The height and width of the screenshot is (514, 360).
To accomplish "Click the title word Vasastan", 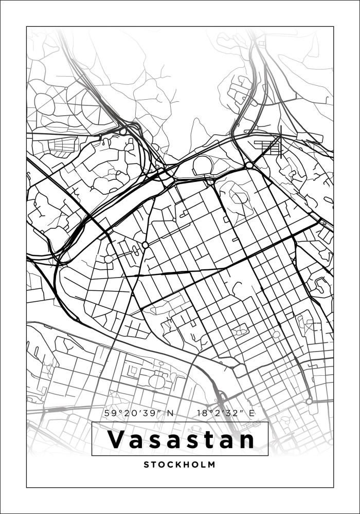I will [x=180, y=439].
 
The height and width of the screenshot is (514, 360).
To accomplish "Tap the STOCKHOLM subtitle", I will [x=180, y=465].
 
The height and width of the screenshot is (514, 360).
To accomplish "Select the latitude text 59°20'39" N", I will [x=139, y=413].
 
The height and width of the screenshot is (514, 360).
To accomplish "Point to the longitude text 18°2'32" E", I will [x=226, y=413].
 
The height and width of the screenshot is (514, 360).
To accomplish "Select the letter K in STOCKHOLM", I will [x=174, y=465].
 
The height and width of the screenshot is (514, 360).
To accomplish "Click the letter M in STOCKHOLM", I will [x=212, y=465].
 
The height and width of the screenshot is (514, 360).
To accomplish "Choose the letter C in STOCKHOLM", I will [x=166, y=465].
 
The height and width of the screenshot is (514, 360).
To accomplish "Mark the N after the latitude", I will [x=171, y=413].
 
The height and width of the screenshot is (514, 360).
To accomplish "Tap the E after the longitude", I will [x=252, y=413].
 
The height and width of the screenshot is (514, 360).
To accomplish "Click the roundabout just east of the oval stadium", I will [x=249, y=165].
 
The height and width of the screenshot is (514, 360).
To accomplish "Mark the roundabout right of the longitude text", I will [x=309, y=401].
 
